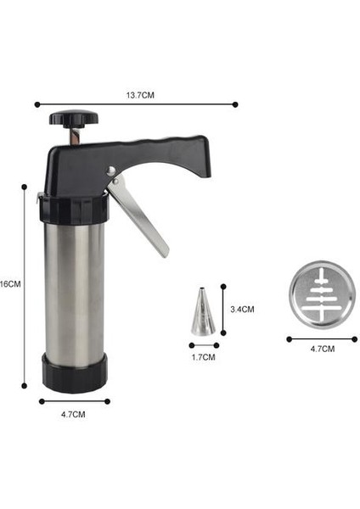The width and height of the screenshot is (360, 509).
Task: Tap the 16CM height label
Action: (10, 284)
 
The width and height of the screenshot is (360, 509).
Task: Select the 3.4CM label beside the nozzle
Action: (242, 310)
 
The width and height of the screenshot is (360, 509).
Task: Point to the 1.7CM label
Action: (204, 357)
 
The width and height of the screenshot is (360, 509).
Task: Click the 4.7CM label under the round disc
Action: (323, 349)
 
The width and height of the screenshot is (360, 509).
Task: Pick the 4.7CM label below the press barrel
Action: (74, 414)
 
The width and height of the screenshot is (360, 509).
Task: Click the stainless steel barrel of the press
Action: (74, 288)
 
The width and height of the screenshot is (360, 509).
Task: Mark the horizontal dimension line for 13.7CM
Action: (136, 105)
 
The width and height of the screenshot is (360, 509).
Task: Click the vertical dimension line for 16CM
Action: (25, 284)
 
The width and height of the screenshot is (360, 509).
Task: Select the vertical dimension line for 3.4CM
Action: (223, 310)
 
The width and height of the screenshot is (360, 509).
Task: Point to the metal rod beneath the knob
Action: (72, 135)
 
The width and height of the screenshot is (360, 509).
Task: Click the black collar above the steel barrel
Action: (72, 208)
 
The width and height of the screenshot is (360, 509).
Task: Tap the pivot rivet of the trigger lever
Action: (110, 172)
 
